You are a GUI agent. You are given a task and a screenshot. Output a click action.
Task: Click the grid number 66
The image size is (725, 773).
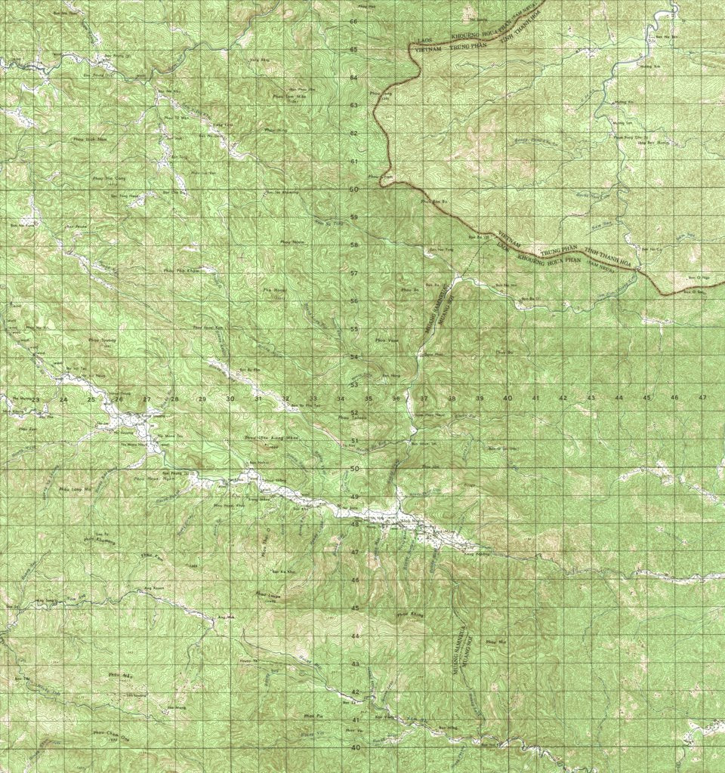coord(353,21)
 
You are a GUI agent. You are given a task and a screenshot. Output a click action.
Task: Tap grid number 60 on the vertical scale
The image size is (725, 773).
coord(353,189)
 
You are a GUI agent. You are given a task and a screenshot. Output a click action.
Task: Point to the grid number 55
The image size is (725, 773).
coord(353,329)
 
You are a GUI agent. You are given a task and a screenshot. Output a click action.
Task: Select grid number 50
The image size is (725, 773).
coord(353,469)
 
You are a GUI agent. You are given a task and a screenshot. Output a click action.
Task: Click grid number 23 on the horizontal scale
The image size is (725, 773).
coord(35,399)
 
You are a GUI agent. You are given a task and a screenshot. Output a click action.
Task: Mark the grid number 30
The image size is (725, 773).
coord(230,399)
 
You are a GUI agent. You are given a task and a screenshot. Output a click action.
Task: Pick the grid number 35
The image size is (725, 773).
coord(369,398)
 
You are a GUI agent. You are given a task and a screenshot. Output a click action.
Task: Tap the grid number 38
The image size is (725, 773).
coord(452,398)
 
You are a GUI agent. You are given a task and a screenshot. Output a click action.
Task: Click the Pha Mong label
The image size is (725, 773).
coord(272,288)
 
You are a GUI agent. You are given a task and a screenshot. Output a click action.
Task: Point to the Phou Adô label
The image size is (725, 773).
coord(121,674)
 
